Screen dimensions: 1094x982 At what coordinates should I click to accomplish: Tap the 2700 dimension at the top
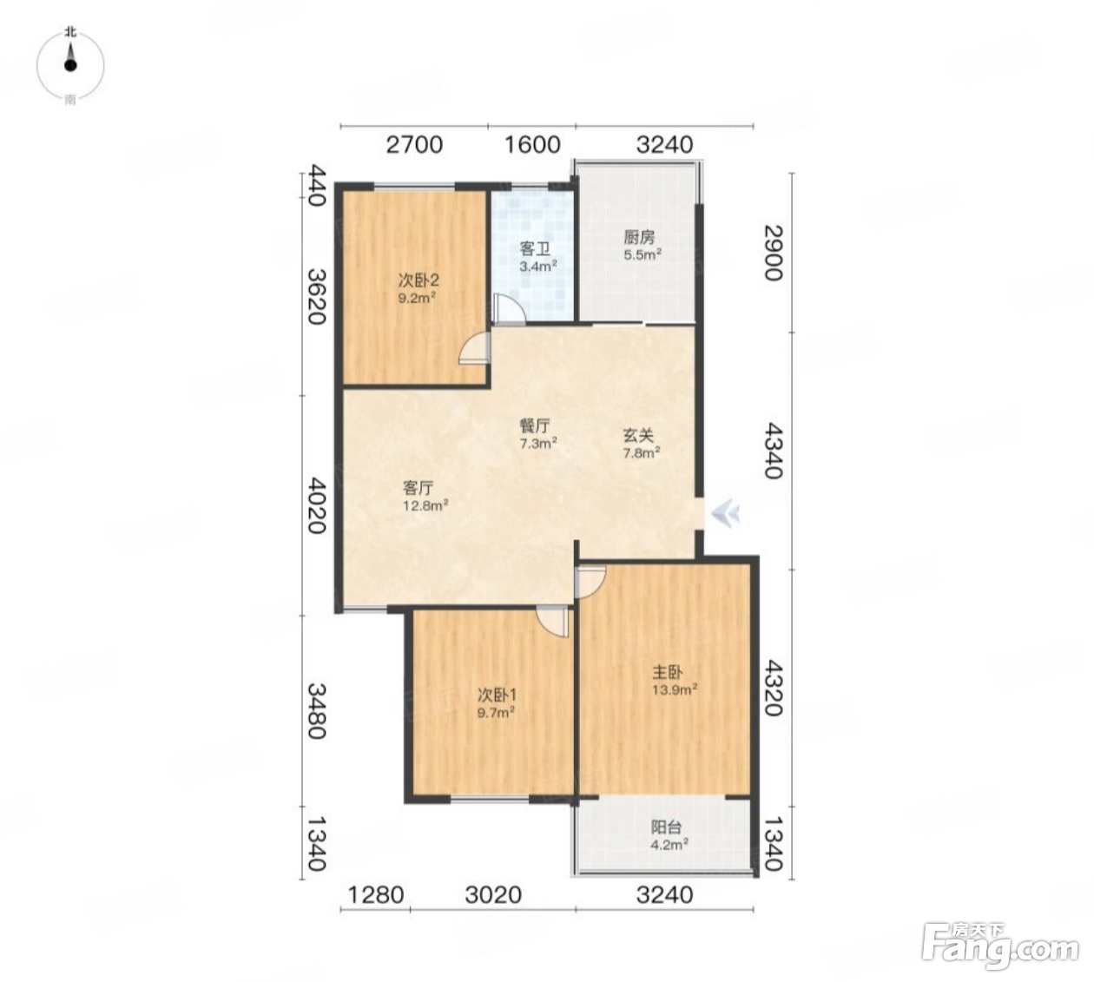414,145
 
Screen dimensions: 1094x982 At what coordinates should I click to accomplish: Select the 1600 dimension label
532,145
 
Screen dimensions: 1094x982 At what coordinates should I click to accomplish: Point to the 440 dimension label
316,186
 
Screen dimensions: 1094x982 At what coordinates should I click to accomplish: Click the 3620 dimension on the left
316,296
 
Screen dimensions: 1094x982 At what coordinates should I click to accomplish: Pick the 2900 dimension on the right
773,253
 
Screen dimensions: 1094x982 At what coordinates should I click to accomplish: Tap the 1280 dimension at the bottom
375,895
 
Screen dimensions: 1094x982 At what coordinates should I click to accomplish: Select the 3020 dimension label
493,895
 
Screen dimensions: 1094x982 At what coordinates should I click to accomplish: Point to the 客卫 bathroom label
535,249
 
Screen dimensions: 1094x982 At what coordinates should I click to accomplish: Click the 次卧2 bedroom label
418,280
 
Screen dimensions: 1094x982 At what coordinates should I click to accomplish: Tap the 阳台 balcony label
666,827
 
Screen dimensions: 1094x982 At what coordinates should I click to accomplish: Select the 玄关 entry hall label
639,435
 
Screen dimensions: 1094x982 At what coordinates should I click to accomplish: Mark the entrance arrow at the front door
725,512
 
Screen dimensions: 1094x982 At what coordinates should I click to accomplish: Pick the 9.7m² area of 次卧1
495,713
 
